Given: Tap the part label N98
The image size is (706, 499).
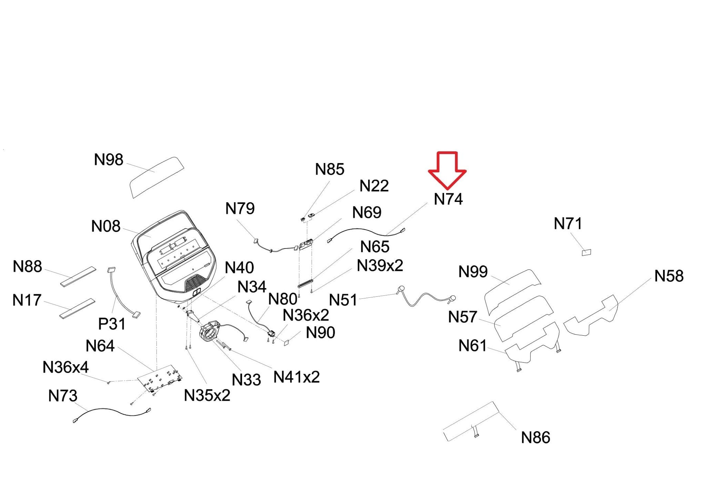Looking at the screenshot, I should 109,160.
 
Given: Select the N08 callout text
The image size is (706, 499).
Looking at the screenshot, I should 106,226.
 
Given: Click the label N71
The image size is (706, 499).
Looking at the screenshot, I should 568,224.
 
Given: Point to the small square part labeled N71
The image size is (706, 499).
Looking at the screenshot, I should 586,253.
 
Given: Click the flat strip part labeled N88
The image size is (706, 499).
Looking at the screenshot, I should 78,276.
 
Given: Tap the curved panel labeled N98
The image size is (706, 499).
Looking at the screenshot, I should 157,177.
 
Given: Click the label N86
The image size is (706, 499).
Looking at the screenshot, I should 535,438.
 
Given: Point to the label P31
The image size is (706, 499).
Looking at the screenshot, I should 112,324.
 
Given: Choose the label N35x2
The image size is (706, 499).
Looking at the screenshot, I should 207,396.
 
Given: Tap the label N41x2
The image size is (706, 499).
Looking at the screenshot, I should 296,377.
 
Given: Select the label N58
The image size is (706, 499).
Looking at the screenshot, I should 669,276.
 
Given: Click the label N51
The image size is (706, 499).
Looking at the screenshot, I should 343,300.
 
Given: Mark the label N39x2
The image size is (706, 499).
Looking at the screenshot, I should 380,266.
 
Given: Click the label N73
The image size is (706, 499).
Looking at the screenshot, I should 63,396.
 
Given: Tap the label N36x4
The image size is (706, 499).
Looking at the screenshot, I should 65,367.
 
